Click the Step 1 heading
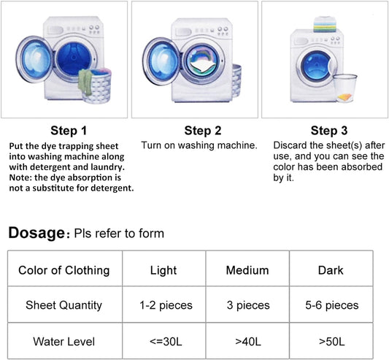[x=69, y=131]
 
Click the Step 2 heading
[x=203, y=131]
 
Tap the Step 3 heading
[x=329, y=131]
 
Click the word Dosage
[x=36, y=233]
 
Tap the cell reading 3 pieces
[x=248, y=305]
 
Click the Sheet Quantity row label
[x=63, y=305]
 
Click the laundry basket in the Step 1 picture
[x=96, y=85]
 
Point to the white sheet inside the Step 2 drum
[x=202, y=66]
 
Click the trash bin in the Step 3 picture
[x=344, y=88]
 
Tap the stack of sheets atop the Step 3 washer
[x=325, y=24]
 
